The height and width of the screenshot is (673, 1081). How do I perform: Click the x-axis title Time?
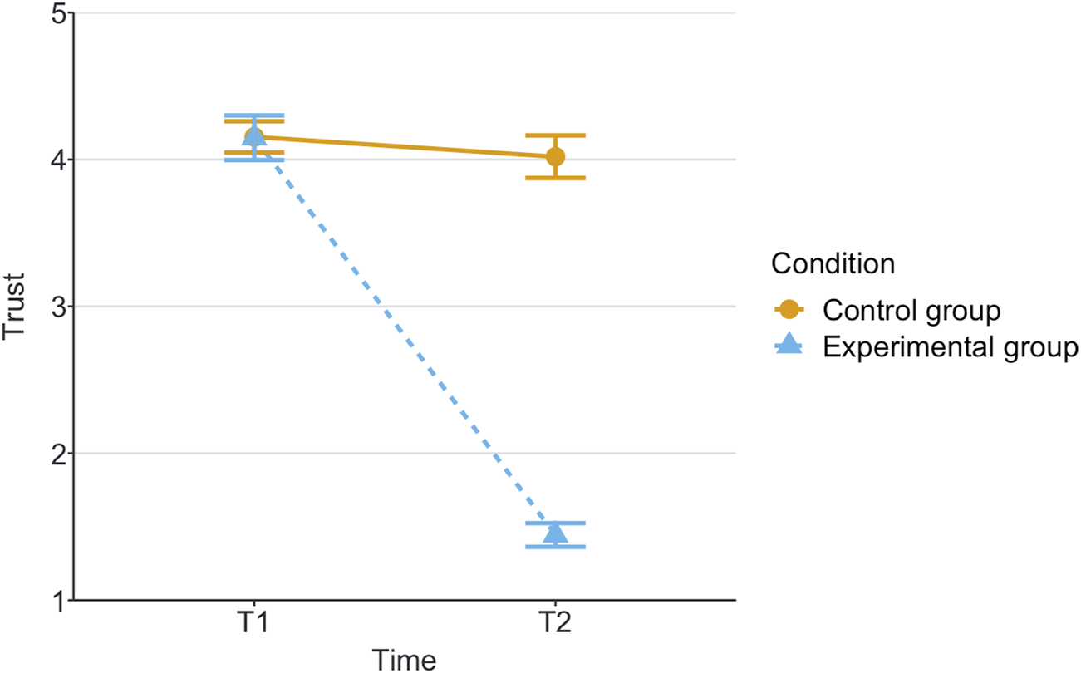404,659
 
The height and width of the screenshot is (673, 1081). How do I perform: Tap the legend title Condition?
833,264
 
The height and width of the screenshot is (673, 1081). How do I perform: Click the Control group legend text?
911,310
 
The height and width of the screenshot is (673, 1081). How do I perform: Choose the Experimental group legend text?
951,346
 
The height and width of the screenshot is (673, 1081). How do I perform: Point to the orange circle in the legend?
789,310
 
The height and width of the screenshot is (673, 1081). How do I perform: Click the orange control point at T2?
555,156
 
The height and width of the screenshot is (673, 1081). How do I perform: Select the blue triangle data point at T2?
555,533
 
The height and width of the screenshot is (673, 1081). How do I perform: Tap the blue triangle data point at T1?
254,136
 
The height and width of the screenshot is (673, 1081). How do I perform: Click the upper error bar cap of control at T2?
555,135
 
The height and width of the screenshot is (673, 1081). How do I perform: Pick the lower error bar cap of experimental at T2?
555,547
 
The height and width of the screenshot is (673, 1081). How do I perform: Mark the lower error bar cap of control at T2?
555,178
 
